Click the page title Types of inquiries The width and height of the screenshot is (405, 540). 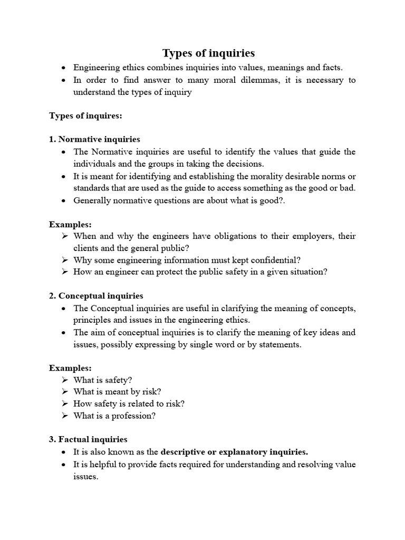point(208,53)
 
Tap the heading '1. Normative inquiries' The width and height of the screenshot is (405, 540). point(94,139)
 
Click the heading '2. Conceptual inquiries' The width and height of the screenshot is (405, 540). point(96,296)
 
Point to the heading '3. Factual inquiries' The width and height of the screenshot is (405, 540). point(88,439)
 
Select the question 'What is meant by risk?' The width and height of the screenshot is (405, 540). point(117,391)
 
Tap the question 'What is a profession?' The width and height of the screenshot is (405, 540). point(114,416)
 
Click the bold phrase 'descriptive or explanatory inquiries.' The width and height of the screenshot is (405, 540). point(234,451)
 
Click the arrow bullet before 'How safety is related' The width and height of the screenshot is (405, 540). point(64,403)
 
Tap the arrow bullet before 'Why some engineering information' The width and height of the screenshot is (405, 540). point(64,259)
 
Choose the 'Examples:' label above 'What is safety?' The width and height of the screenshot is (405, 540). point(70,368)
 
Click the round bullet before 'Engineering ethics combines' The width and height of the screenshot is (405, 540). point(64,68)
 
